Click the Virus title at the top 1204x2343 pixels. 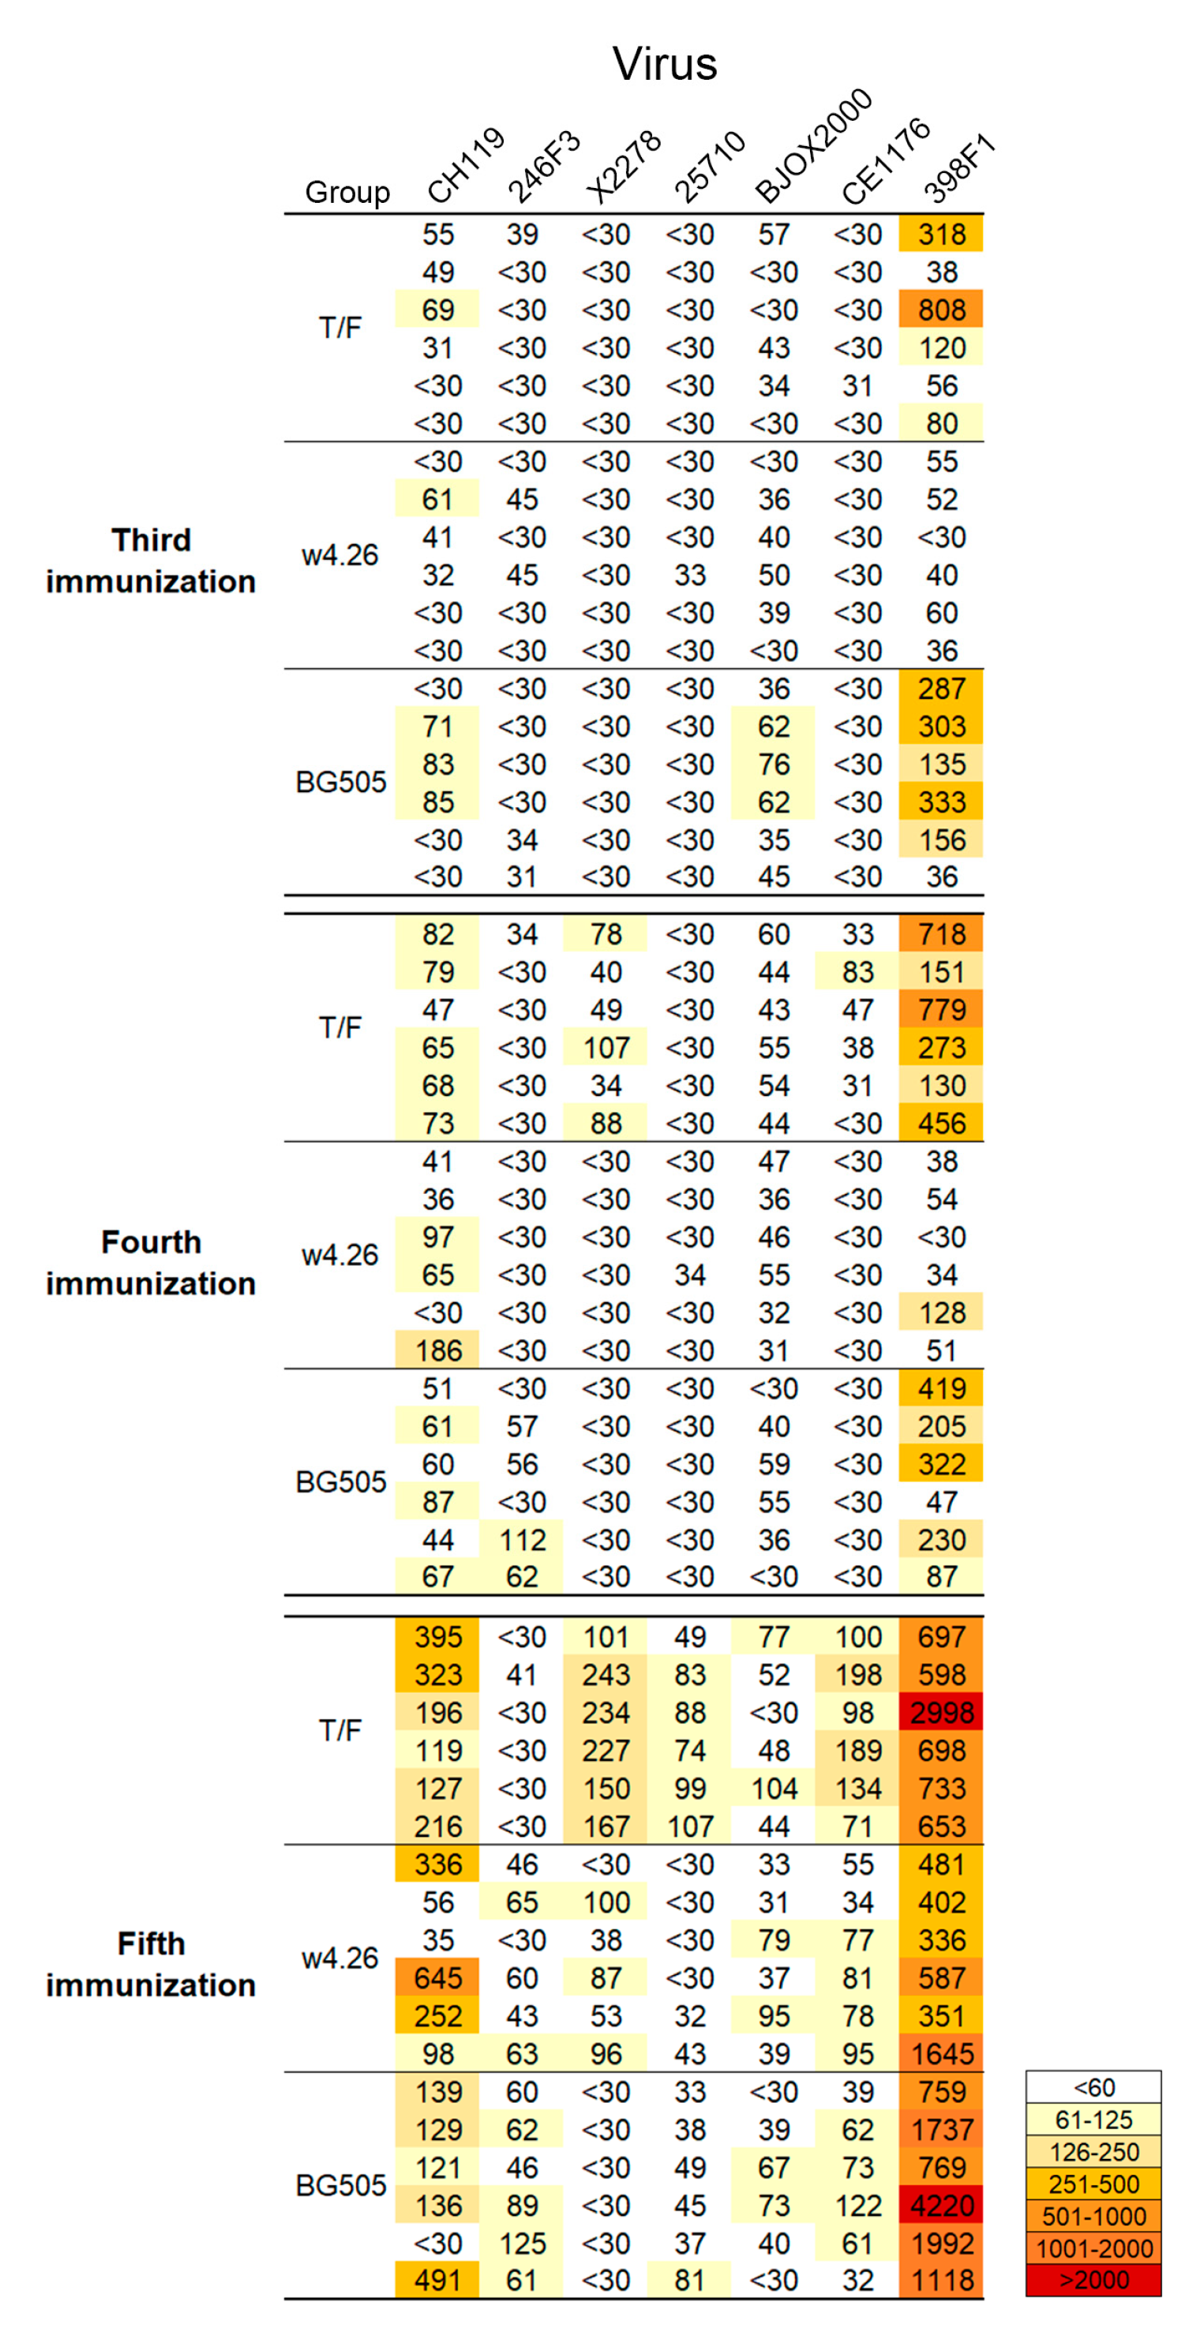[665, 65]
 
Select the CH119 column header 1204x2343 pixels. [466, 166]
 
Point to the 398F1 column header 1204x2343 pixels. [960, 167]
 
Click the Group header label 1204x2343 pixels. [347, 193]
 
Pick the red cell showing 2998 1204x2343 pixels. [941, 1713]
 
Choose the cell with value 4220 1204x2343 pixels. [941, 2206]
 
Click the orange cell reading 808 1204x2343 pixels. [941, 310]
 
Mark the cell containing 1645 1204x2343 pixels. [941, 2054]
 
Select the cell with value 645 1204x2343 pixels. [437, 1978]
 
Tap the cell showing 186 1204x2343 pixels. [437, 1350]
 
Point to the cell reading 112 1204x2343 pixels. [522, 1540]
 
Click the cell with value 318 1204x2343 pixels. [941, 235]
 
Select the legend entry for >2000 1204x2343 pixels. [1093, 2281]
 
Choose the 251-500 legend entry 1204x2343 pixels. [1093, 2183]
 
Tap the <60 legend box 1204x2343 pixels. [1093, 2087]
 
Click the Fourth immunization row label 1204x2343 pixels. [151, 1263]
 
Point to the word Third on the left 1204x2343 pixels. [151, 540]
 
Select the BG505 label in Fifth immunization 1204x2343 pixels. [341, 2186]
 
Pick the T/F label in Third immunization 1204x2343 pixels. [341, 328]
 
